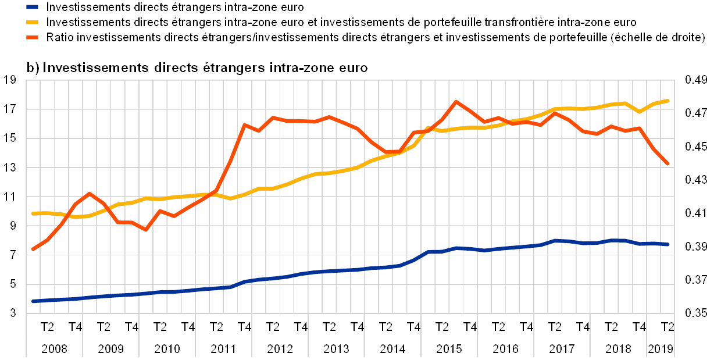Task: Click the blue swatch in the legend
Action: pos(33,8)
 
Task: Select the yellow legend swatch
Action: pos(33,23)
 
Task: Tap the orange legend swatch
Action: pos(33,38)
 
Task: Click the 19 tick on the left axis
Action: pos(12,80)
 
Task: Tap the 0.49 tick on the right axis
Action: pos(695,80)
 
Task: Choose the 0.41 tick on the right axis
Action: pos(695,213)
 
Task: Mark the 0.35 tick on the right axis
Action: pos(695,313)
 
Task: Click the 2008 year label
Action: pos(54,349)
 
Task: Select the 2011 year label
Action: pos(223,349)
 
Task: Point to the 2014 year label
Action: pos(393,349)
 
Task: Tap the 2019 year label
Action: pos(661,349)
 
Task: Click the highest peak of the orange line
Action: pos(456,101)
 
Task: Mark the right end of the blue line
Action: pos(668,245)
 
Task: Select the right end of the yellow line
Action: pos(668,101)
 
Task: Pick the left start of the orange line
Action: pos(33,249)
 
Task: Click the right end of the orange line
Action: pos(668,164)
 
